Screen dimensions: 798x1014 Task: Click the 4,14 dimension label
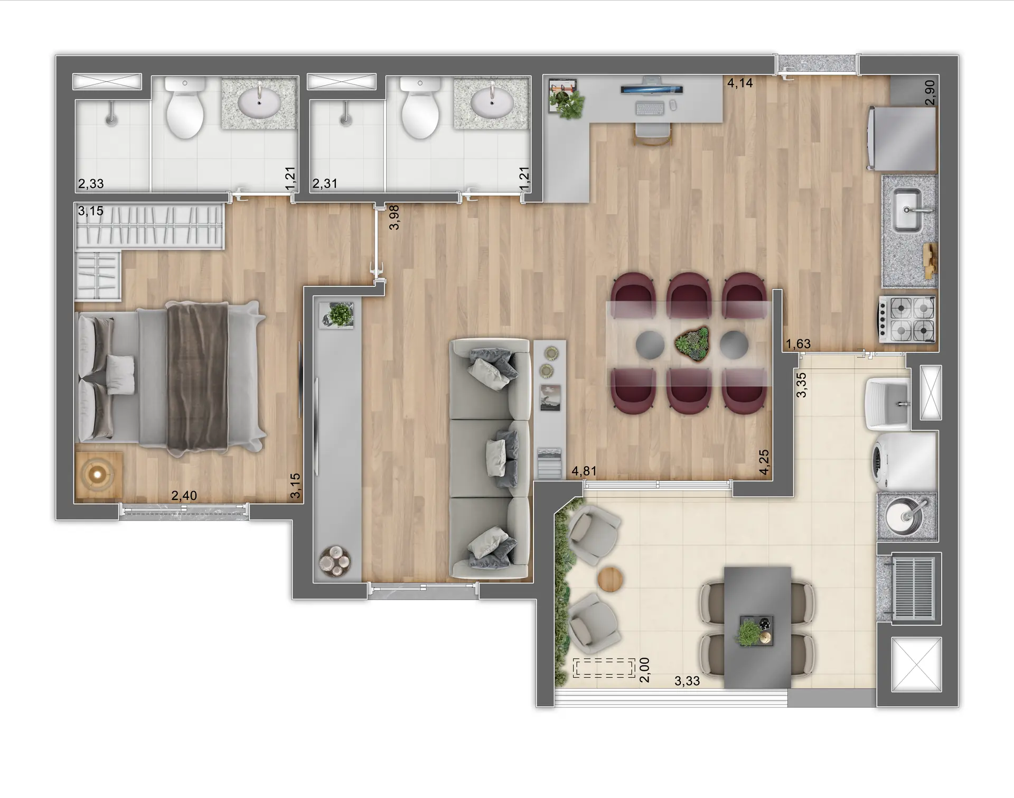[739, 83]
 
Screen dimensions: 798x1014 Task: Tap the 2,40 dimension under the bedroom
[184, 495]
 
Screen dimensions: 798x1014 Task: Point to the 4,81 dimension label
[584, 471]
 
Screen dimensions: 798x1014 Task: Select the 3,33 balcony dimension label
[687, 681]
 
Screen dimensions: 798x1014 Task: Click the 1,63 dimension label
[797, 344]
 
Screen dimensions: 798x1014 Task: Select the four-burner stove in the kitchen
[907, 319]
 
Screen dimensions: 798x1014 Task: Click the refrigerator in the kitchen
[902, 138]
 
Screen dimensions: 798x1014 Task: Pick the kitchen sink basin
[907, 210]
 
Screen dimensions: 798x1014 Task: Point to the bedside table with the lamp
[99, 475]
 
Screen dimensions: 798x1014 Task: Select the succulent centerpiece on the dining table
[691, 344]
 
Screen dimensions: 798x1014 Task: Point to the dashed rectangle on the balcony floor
[604, 668]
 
